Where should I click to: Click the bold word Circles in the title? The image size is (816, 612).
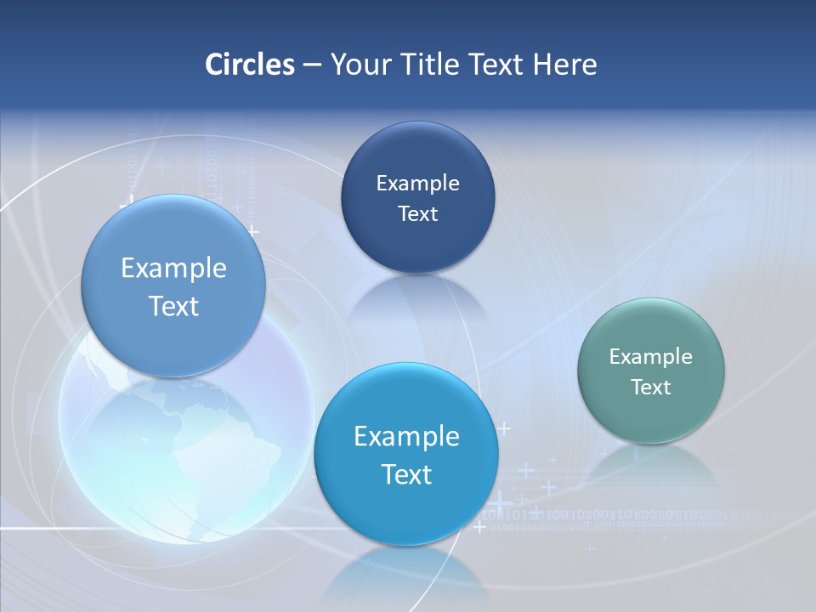(250, 65)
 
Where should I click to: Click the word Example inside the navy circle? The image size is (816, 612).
(417, 183)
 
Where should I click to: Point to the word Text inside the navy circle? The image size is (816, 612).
(417, 213)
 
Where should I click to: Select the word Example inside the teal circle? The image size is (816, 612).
(651, 356)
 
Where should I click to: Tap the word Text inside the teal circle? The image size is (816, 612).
(651, 387)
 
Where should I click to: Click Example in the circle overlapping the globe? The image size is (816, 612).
(173, 268)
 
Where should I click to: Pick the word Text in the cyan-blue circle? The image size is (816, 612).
(406, 473)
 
